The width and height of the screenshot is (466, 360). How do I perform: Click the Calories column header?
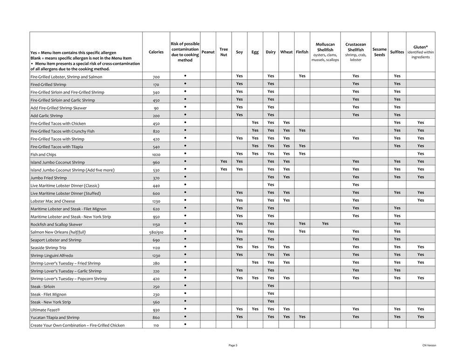tap(156, 52)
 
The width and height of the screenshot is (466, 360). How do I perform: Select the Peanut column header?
tap(208, 52)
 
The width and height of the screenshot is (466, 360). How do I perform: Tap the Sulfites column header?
tap(397, 52)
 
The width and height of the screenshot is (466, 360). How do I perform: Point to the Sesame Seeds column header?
tap(379, 52)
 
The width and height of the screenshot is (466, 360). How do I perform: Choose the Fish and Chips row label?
tap(43, 155)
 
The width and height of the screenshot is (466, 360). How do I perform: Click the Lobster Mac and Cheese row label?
tap(52, 201)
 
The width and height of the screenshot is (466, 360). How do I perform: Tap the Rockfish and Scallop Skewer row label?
tap(56, 224)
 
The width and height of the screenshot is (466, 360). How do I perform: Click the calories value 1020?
tap(156, 155)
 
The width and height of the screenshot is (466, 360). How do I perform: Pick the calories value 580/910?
tap(156, 232)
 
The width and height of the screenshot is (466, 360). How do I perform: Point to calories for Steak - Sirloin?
tap(156, 286)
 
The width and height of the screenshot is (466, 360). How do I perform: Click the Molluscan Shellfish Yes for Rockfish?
tap(325, 224)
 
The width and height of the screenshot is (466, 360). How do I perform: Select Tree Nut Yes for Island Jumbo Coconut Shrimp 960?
tap(224, 162)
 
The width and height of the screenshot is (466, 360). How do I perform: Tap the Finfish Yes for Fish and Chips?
tap(302, 154)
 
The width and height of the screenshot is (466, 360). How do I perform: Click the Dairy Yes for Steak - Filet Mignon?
tap(271, 293)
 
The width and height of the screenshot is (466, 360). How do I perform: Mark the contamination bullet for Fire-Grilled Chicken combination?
tap(185, 324)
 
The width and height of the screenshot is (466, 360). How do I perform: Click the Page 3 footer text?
tap(233, 345)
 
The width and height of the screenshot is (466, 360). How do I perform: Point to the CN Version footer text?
tap(429, 345)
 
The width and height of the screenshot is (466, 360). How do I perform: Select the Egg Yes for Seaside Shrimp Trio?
tap(255, 247)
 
